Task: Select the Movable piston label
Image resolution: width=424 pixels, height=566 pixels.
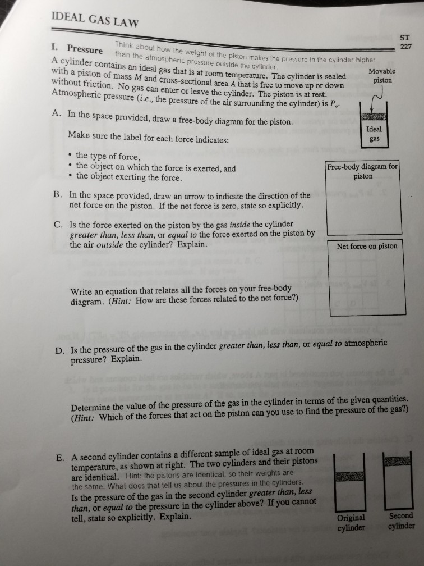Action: [x=382, y=76]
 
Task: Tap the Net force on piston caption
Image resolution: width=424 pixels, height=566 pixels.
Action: [x=366, y=246]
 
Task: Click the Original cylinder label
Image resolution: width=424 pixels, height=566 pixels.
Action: [x=351, y=522]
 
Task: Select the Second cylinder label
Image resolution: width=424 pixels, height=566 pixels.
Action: [x=400, y=521]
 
